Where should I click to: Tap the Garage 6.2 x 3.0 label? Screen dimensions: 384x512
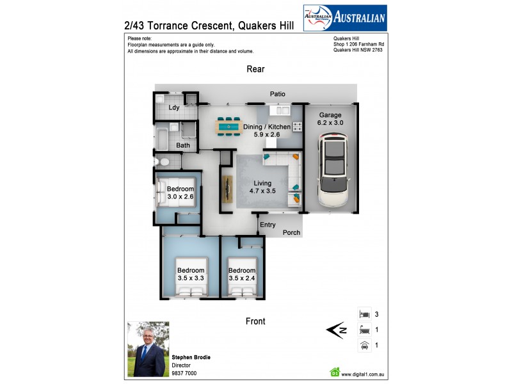pyautogui.click(x=330, y=119)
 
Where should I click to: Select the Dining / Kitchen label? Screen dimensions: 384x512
pyautogui.click(x=266, y=131)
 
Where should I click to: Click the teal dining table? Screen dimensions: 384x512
pyautogui.click(x=228, y=127)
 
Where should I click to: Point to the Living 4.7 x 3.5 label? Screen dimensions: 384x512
pyautogui.click(x=261, y=186)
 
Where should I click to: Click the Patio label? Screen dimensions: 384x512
pyautogui.click(x=277, y=94)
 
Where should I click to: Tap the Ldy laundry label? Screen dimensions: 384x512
pyautogui.click(x=174, y=108)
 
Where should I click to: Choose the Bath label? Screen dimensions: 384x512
pyautogui.click(x=183, y=145)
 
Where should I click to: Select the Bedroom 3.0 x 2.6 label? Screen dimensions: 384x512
pyautogui.click(x=180, y=193)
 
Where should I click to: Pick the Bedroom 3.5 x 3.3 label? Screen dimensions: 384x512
pyautogui.click(x=191, y=274)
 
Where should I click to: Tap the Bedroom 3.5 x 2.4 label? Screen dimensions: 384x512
pyautogui.click(x=242, y=274)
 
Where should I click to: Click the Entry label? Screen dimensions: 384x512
pyautogui.click(x=268, y=225)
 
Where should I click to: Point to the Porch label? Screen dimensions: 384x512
pyautogui.click(x=291, y=232)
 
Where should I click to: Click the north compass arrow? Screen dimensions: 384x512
pyautogui.click(x=336, y=330)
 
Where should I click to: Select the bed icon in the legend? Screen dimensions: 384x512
pyautogui.click(x=364, y=314)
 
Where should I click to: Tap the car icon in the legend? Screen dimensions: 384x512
pyautogui.click(x=364, y=346)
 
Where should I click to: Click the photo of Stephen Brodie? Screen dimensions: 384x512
pyautogui.click(x=148, y=349)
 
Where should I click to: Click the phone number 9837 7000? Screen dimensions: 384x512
pyautogui.click(x=184, y=373)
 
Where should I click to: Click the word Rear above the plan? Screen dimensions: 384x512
pyautogui.click(x=255, y=69)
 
